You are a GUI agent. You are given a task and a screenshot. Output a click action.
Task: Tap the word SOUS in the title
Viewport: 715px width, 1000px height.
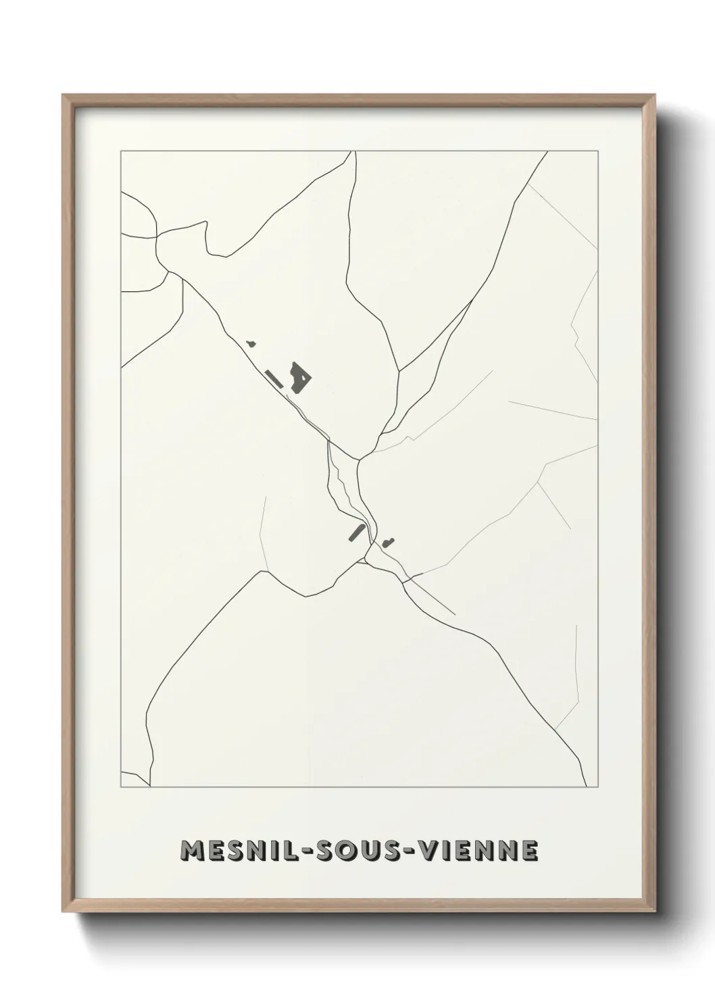point(357,851)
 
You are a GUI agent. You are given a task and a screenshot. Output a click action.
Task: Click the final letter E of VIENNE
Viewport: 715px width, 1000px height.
point(530,851)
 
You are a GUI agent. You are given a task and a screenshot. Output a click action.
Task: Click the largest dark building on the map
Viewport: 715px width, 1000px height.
point(299,378)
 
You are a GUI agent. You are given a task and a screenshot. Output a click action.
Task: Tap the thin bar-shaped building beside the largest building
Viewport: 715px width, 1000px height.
point(274,378)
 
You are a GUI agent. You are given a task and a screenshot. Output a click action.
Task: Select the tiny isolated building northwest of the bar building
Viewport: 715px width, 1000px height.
point(252,344)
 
